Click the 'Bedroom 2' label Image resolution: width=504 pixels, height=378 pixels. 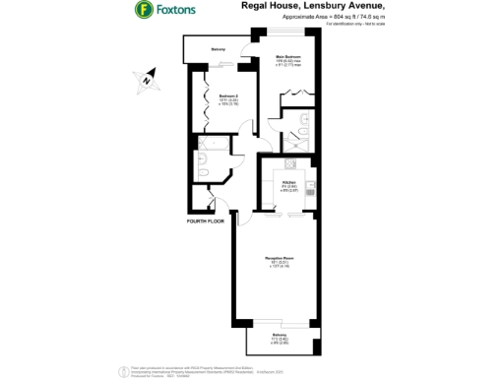pos(216,96)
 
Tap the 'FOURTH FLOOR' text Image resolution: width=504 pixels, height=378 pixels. pos(206,221)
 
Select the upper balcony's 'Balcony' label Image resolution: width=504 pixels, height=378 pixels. pos(219,49)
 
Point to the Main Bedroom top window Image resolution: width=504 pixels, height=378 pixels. pos(290,33)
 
